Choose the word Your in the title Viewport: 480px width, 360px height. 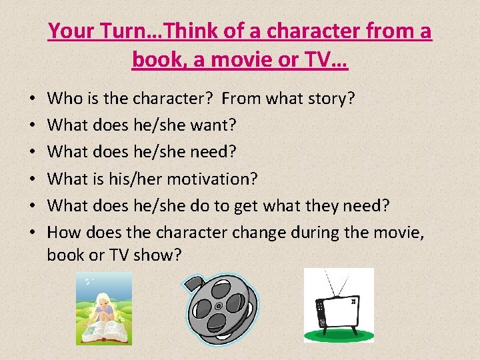click(73, 31)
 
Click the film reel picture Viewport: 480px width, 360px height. click(220, 305)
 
